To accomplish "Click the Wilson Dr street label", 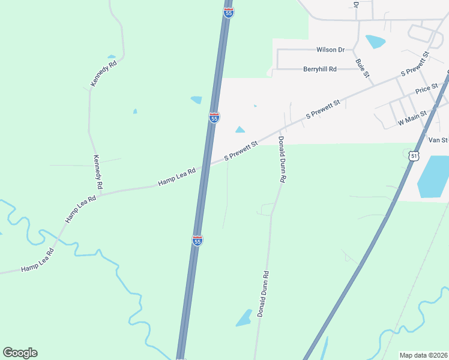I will point(331,50).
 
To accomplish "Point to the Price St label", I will point(427,89).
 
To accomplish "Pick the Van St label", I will point(438,140).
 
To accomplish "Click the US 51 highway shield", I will point(414,155).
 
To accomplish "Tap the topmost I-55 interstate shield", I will point(228,12).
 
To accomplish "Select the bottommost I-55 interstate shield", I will point(197,240).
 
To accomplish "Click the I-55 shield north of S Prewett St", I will point(214,117).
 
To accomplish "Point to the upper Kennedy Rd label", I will point(104,74).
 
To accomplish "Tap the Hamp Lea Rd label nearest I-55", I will point(176,175).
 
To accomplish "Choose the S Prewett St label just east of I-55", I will point(241,151).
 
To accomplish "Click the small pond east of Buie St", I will point(376,41).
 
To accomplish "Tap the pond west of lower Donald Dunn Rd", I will point(244,317).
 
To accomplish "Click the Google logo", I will point(20,353).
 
